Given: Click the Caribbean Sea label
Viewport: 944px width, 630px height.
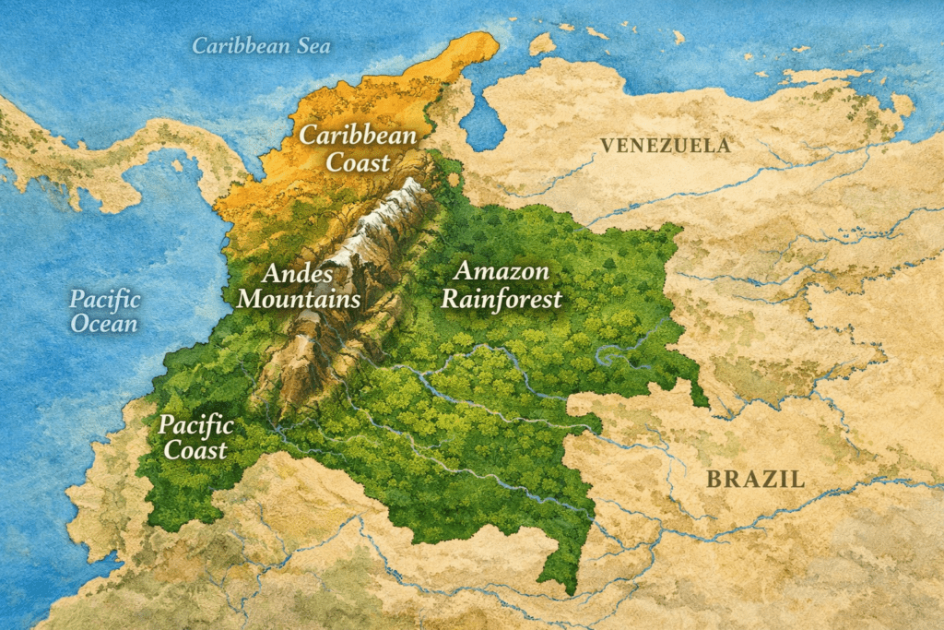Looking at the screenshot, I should (x=261, y=45).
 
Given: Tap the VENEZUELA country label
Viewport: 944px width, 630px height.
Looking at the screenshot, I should (x=666, y=145).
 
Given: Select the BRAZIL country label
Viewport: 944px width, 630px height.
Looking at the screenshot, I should (x=755, y=479).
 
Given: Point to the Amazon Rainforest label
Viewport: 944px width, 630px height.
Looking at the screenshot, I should (x=501, y=285).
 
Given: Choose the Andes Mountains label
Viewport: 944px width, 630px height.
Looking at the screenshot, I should (x=310, y=286).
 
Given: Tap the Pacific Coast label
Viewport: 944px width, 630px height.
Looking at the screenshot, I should (x=195, y=437).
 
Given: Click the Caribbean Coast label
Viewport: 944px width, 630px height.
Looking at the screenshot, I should (x=359, y=149).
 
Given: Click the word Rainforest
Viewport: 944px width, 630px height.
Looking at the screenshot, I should (x=501, y=299).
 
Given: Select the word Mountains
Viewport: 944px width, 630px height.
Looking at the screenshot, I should (x=310, y=299).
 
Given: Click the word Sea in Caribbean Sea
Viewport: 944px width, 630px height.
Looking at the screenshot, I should (x=311, y=45).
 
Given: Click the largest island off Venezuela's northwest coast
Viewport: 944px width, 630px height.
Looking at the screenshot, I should (x=542, y=43).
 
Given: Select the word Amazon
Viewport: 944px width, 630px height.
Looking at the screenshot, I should (x=502, y=271).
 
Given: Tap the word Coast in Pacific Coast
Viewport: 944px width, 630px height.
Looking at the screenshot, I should (x=195, y=450).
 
